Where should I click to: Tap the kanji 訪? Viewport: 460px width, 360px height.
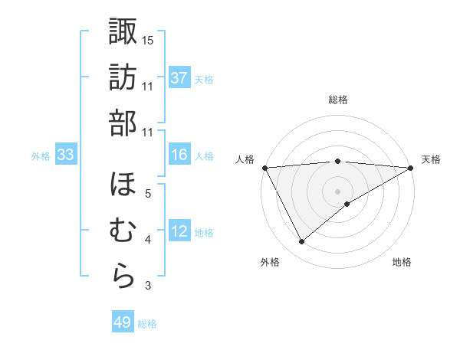[x=123, y=77]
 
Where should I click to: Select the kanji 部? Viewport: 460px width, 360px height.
[x=123, y=123]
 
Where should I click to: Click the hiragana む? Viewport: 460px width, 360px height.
[x=123, y=231]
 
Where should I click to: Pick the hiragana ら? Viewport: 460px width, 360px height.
[x=123, y=277]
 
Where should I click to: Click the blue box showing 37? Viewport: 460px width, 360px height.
[x=179, y=78]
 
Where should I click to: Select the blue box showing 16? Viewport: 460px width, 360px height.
[x=179, y=155]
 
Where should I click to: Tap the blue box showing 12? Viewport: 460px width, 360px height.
[x=179, y=232]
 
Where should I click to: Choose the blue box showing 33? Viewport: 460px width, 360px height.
[x=65, y=155]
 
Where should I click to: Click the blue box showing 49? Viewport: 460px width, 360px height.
[x=123, y=322]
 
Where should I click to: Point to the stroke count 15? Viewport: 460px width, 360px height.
[x=147, y=39]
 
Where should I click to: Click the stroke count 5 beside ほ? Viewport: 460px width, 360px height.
[x=148, y=193]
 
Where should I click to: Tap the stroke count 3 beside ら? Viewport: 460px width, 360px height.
[x=148, y=286]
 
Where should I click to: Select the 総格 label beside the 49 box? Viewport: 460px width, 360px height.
[x=148, y=324]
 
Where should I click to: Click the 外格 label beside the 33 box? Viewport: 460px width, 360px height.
[x=41, y=156]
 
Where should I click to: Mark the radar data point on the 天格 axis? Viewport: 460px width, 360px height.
[x=412, y=168]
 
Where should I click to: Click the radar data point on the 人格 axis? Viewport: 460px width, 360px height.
[x=264, y=168]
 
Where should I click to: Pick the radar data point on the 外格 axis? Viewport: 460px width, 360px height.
[x=301, y=242]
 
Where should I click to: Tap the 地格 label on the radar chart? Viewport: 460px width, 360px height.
[x=402, y=262]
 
